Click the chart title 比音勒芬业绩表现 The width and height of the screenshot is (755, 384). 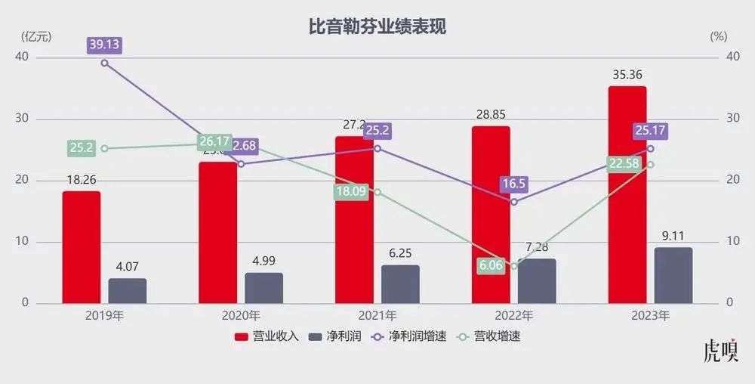pyautogui.click(x=377, y=27)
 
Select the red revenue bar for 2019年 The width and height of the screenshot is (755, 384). pyautogui.click(x=81, y=247)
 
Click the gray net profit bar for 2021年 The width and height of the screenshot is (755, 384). pyautogui.click(x=400, y=284)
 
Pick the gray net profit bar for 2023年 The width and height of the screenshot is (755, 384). pyautogui.click(x=673, y=275)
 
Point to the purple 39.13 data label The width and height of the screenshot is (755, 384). pyautogui.click(x=104, y=44)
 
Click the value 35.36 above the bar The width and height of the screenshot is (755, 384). pyautogui.click(x=627, y=76)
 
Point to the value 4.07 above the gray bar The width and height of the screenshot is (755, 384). pyautogui.click(x=127, y=267)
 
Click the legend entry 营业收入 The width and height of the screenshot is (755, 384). pyautogui.click(x=267, y=336)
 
